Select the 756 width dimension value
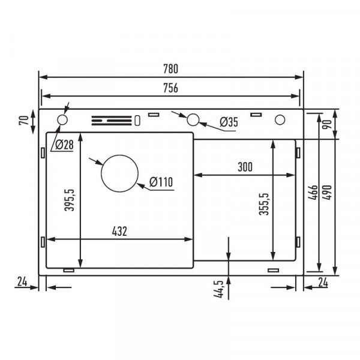click(x=170, y=88)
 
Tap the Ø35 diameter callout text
click(x=229, y=122)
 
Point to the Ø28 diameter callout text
click(x=62, y=144)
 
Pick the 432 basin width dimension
click(x=119, y=231)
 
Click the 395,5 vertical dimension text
click(x=70, y=200)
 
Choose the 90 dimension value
click(x=327, y=125)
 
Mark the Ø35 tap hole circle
click(x=193, y=119)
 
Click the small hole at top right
click(x=280, y=120)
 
